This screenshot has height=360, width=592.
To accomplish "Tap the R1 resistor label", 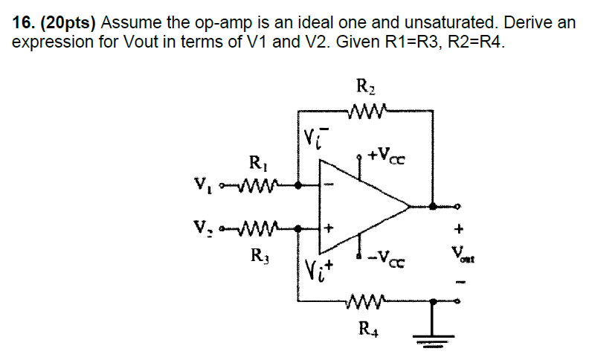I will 256,164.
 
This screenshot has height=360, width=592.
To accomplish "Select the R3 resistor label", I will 256,258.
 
